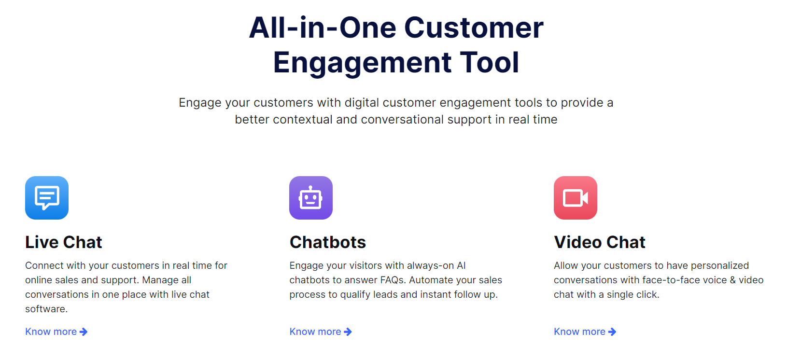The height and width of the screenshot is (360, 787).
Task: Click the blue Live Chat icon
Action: [47, 198]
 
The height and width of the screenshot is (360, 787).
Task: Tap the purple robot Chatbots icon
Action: [311, 198]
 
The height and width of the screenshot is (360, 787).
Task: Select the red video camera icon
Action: [576, 198]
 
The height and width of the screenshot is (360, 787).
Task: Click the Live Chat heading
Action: [64, 242]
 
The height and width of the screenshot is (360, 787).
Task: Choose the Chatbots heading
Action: [328, 242]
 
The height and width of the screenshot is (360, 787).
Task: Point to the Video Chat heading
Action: [600, 242]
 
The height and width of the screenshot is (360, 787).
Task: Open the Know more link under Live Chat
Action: [56, 332]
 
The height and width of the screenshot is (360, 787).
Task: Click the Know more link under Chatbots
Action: [321, 332]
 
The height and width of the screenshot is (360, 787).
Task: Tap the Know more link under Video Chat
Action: [585, 332]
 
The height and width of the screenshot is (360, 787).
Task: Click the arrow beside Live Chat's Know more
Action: [84, 332]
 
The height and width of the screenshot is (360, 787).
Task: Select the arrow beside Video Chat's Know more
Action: [612, 332]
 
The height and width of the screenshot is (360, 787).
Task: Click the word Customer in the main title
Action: [474, 28]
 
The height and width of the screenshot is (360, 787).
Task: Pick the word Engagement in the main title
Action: [362, 63]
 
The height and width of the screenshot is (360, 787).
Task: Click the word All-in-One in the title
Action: [323, 28]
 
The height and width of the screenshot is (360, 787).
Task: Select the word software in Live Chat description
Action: [46, 309]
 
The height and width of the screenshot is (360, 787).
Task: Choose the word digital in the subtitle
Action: [362, 103]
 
